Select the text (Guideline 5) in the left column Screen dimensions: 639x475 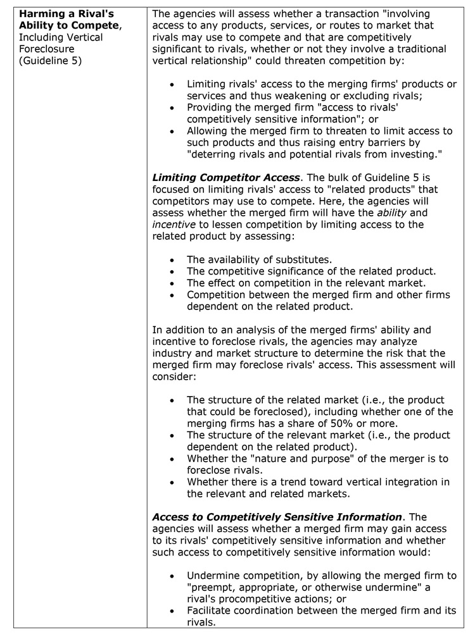click(51, 61)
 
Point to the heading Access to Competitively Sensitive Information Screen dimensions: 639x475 click(277, 517)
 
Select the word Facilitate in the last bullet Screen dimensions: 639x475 click(213, 611)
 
